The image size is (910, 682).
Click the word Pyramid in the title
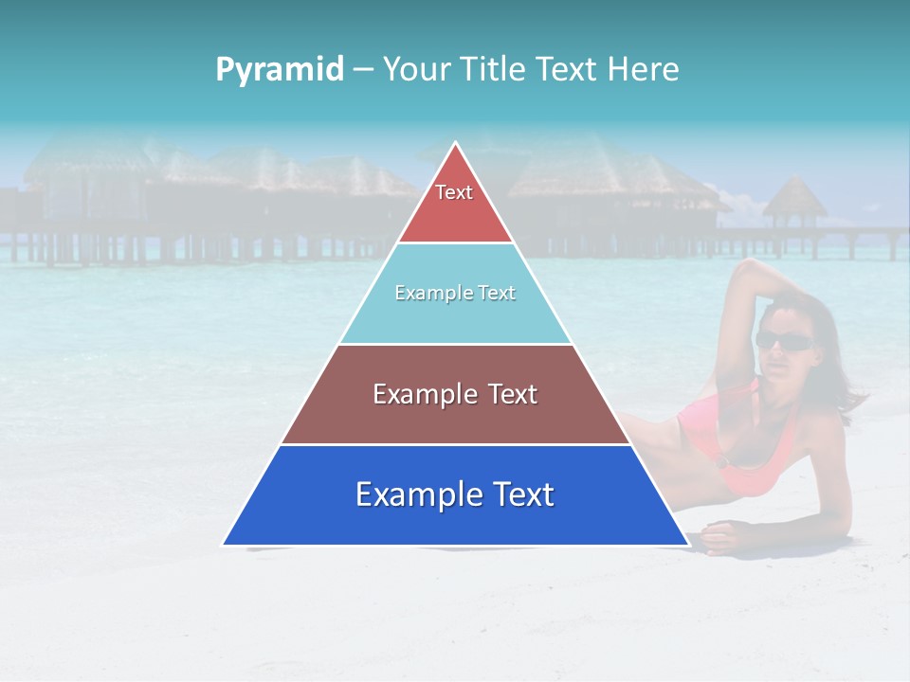pyautogui.click(x=279, y=69)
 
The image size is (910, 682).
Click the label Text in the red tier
pyautogui.click(x=454, y=192)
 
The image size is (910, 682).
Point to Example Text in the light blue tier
pyautogui.click(x=455, y=293)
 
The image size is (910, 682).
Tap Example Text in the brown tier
pyautogui.click(x=455, y=394)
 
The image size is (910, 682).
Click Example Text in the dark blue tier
pyautogui.click(x=455, y=494)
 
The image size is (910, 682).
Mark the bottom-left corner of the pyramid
pyautogui.click(x=225, y=544)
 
